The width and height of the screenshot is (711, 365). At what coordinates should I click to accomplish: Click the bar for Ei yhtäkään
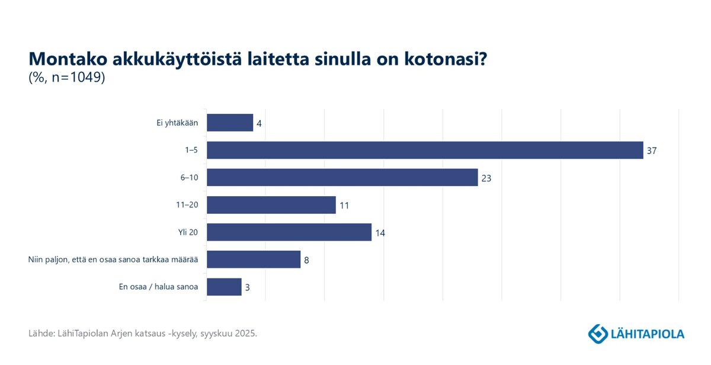click(230, 123)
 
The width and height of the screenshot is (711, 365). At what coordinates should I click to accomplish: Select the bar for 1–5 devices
click(425, 150)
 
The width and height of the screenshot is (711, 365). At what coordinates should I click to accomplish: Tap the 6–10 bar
click(342, 177)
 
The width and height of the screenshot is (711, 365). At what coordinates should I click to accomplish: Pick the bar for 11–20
click(271, 205)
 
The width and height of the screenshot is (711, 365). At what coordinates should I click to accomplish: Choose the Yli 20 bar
click(289, 232)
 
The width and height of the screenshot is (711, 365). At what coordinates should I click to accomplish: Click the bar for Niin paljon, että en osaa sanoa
click(253, 260)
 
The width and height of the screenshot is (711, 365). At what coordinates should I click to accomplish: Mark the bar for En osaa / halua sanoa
click(224, 287)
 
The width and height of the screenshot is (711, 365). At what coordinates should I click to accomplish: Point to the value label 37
click(652, 151)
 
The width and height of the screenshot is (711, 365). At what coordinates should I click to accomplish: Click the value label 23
click(486, 178)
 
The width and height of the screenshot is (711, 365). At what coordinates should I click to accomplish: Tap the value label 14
click(380, 233)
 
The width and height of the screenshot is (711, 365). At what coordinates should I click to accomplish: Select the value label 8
click(306, 260)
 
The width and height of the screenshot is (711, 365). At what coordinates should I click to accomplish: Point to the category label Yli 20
click(188, 232)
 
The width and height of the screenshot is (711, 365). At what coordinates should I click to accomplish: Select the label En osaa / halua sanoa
click(158, 287)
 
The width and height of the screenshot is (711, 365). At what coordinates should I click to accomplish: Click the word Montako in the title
click(66, 59)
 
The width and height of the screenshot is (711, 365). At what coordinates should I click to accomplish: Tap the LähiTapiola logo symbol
click(597, 334)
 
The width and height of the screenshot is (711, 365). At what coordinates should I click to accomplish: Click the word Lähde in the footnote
click(40, 334)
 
